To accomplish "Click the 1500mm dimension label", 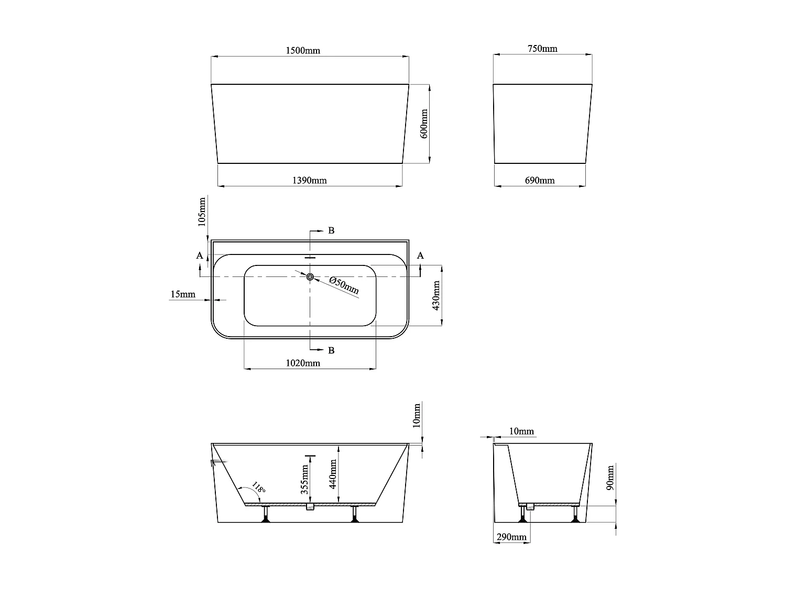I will coord(303,51).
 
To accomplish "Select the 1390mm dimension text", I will coord(309,181).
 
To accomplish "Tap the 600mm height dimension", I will coord(424,124).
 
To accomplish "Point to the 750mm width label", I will coord(542,49).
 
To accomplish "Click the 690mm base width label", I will coord(540,181).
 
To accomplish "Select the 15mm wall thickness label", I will coord(182,295).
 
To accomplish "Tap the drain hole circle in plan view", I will coord(310,276).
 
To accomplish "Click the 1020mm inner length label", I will coord(303,363).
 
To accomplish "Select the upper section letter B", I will coord(331,230).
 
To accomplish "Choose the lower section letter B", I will coord(331,350).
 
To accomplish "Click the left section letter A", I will coord(199,255).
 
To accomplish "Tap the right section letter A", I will coord(420,255).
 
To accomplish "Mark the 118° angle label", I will coord(258,488).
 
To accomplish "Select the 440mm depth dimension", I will coord(332,473).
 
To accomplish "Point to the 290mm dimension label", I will coord(511,537).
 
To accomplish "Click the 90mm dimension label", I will coord(609,477).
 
